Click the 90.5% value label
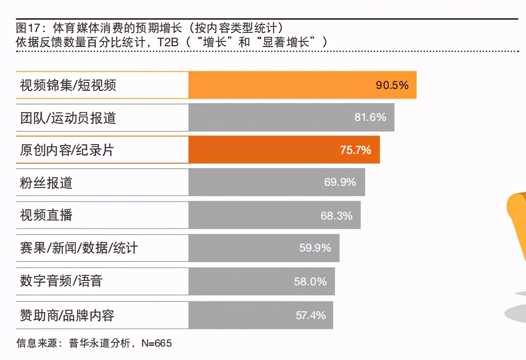click(392, 85)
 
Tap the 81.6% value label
click(370, 117)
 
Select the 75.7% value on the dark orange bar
click(355, 150)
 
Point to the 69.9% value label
click(340, 182)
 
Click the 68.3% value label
click(336, 216)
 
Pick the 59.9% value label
click(315, 248)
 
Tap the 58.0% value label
click(310, 281)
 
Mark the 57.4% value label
click(311, 315)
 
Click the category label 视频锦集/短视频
click(68, 85)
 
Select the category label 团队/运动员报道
click(68, 118)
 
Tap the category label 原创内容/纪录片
click(67, 150)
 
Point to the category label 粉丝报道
click(46, 183)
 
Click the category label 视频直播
click(46, 216)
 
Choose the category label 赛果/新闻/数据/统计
click(79, 248)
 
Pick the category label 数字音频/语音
click(61, 281)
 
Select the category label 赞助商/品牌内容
click(67, 315)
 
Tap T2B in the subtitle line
click(162, 43)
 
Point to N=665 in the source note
click(156, 343)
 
